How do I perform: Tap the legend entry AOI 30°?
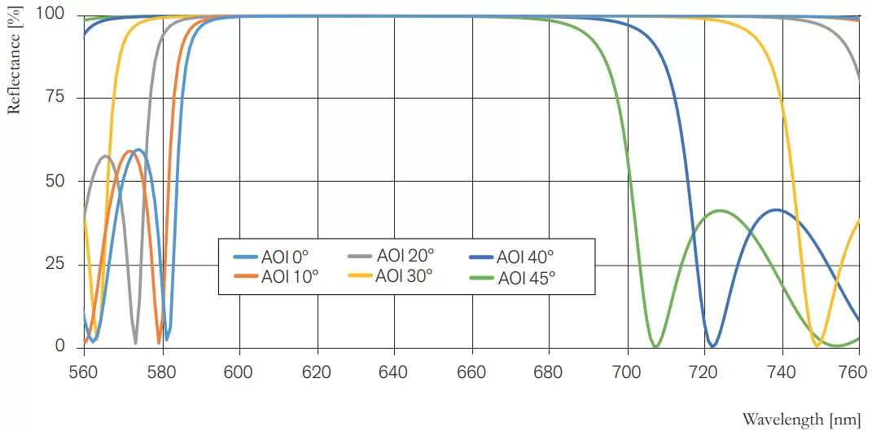[403, 275]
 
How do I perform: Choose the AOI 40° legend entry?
[526, 257]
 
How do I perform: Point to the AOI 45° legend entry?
[526, 278]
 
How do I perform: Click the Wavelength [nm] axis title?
[801, 419]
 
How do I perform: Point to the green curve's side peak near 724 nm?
[719, 210]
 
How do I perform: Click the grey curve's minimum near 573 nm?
[135, 342]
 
